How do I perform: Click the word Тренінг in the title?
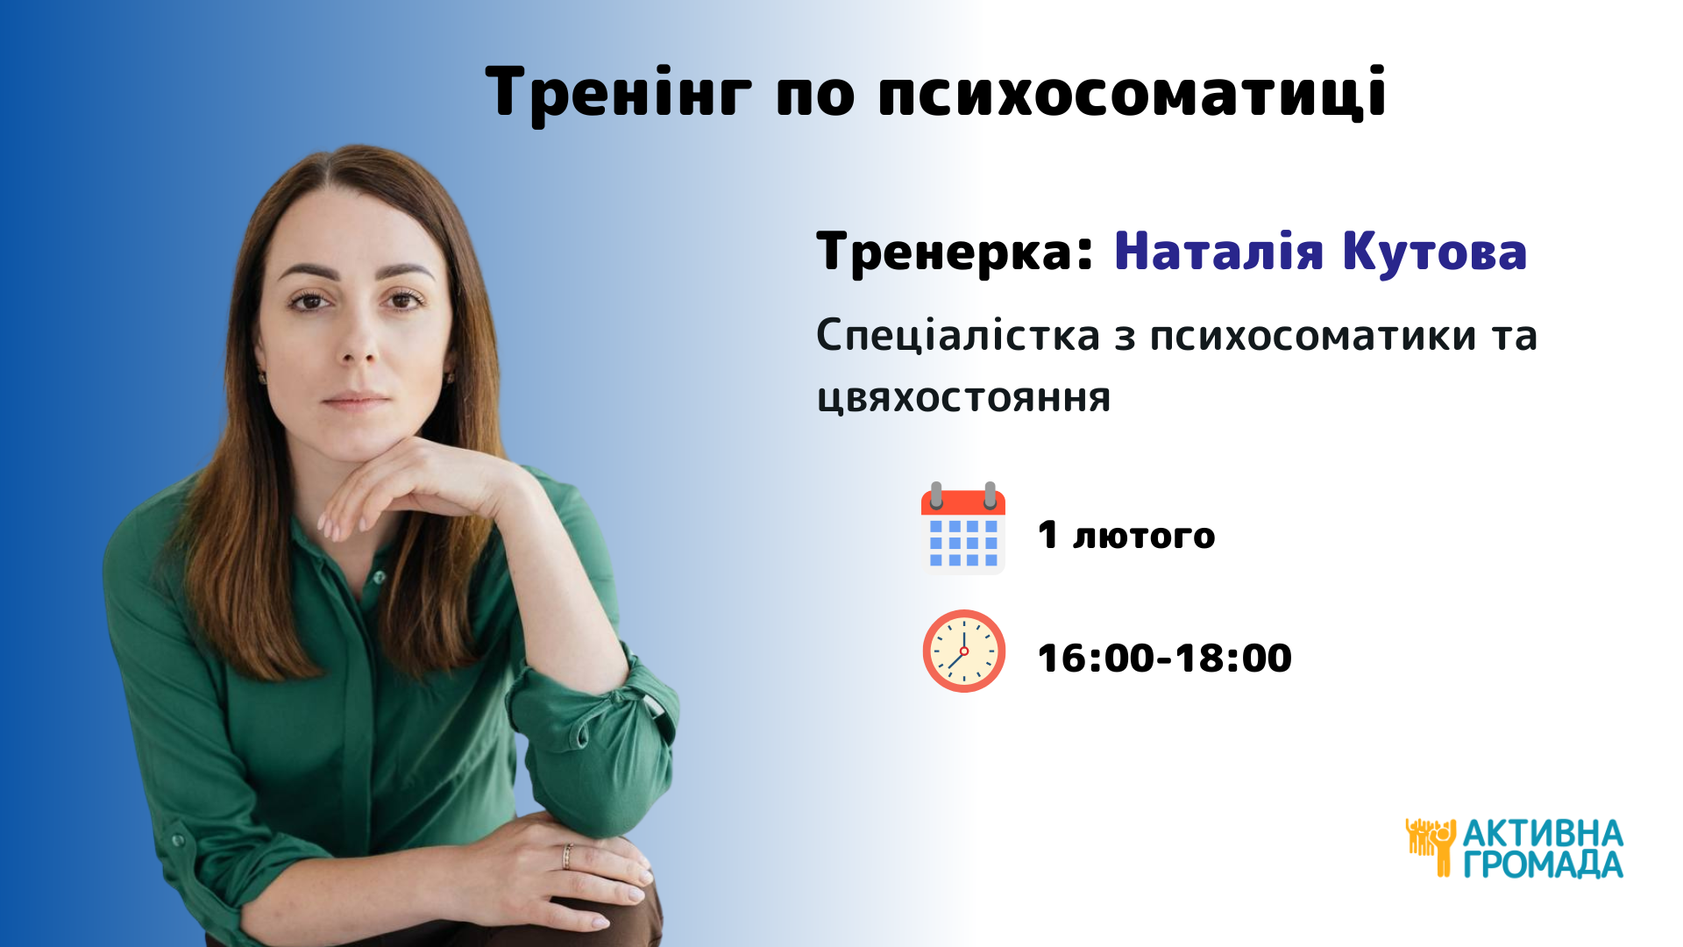619,93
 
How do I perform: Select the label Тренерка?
955,253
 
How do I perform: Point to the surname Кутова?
1435,253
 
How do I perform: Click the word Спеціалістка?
958,336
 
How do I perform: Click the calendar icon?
963,528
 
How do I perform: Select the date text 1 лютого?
1126,535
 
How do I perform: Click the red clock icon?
964,651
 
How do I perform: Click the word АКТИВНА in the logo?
1543,833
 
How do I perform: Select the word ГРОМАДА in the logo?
1543,865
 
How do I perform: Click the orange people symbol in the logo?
1431,847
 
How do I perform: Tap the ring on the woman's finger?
567,856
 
